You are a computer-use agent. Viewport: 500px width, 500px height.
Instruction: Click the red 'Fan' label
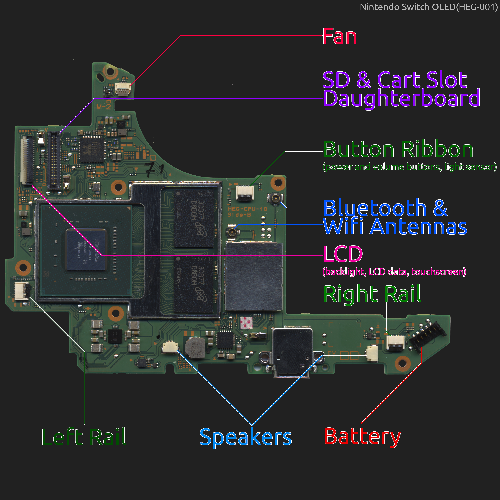coord(340,37)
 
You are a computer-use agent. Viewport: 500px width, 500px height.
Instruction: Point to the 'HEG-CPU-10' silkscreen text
coord(247,209)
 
